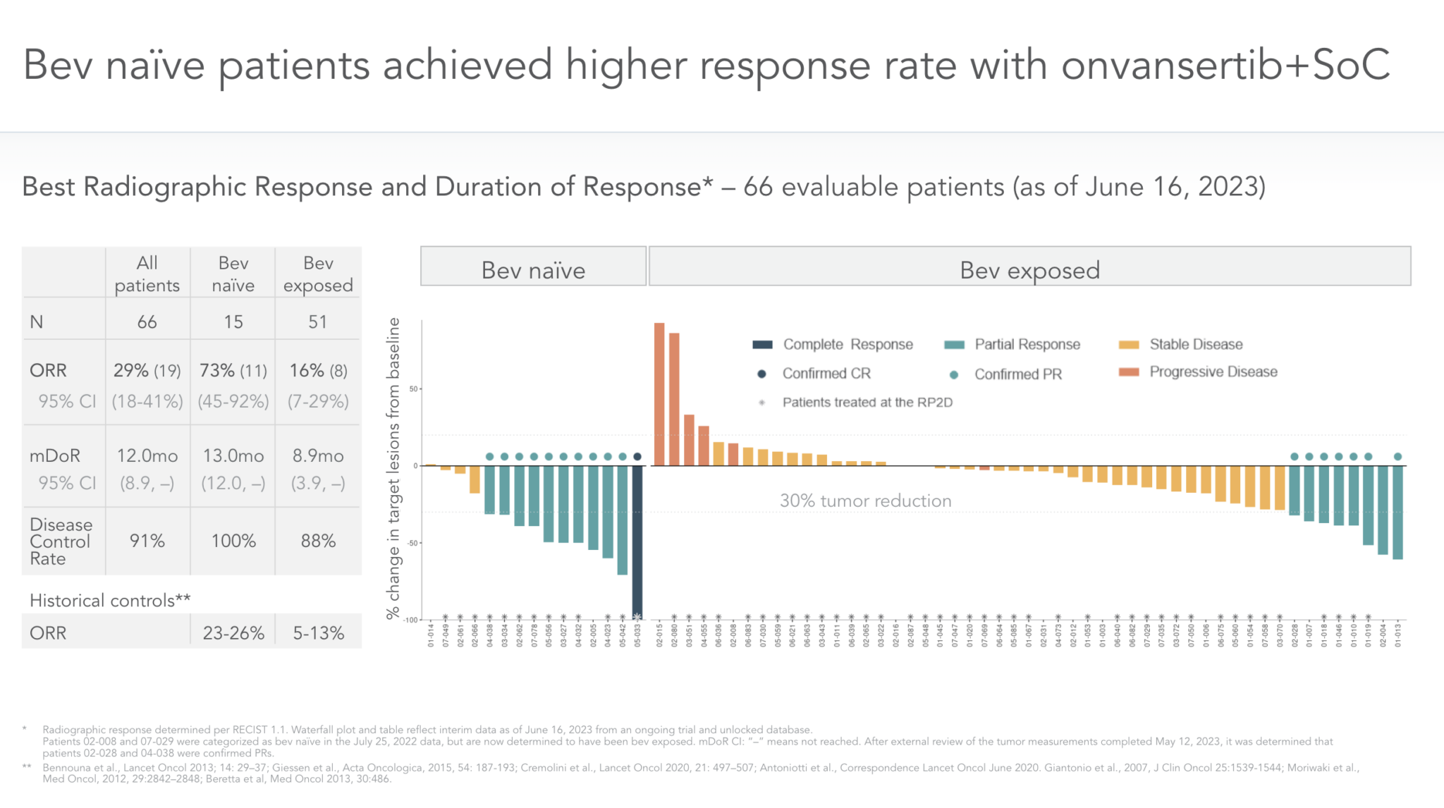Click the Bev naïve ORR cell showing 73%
(233, 371)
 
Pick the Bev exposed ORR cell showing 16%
(318, 371)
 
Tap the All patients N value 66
(147, 322)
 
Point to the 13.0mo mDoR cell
(233, 456)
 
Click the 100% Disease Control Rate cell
(233, 541)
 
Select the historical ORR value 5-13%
(319, 633)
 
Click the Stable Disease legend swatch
(1129, 345)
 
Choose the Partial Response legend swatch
(954, 345)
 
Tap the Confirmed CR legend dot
(761, 374)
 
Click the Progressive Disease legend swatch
(1129, 372)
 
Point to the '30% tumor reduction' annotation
(865, 501)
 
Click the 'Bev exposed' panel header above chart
(1029, 270)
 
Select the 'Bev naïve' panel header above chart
(533, 270)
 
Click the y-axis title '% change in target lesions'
(393, 468)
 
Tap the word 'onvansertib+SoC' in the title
(1225, 66)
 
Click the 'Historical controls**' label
(110, 601)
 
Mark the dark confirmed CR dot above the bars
(637, 457)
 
